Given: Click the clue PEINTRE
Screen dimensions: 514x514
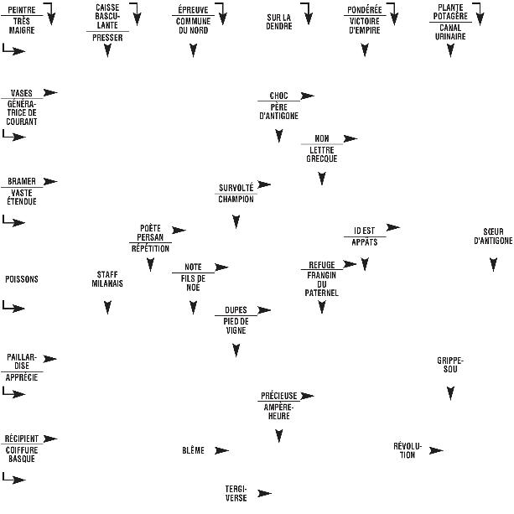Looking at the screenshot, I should tap(21, 8).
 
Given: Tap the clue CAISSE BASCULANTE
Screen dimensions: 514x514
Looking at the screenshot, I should tap(106, 17).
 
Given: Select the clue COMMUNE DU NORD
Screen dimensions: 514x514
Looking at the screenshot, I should tap(193, 26).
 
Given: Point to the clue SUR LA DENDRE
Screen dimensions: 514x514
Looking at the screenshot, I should tap(278, 21).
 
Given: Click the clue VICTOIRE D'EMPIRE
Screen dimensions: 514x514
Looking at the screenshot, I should tap(365, 26).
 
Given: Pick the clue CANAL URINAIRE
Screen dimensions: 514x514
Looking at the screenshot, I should tap(450, 31).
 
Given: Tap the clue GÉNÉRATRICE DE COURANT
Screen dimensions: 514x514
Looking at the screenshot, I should tap(21, 112).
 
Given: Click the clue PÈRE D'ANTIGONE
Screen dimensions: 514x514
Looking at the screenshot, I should tap(278, 112).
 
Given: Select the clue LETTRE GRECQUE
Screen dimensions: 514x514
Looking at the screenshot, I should tap(321, 154).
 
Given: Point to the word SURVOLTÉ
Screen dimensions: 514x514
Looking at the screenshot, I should tap(236, 187).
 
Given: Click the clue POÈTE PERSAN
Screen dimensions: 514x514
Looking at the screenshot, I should tap(150, 232).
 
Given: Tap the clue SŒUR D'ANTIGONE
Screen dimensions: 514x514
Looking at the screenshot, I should tap(493, 236).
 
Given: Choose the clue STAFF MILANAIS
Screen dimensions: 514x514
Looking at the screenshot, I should tap(107, 279).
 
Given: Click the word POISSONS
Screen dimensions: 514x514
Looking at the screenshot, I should tap(22, 279).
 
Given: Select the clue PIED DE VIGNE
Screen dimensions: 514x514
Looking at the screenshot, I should tap(236, 326).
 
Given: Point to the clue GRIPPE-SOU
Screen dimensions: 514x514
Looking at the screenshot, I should tap(450, 365).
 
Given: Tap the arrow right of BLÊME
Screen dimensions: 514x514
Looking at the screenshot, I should tap(221, 450).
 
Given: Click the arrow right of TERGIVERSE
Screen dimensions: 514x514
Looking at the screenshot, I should tap(265, 493).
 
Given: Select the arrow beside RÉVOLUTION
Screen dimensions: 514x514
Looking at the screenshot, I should tap(436, 450).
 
